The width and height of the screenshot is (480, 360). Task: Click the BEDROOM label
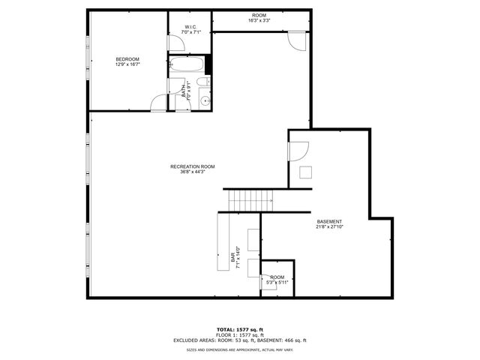point(127,59)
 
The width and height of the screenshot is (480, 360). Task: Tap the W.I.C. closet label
point(189,28)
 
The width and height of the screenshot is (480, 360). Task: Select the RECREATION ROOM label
point(192,166)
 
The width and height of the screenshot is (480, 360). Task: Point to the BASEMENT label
point(329,221)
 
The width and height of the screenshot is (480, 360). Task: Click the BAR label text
point(233,259)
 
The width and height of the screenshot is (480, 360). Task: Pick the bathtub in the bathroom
point(183,64)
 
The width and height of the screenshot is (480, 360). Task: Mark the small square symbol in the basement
point(305,172)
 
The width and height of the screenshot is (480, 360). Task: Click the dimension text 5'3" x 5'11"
point(277,283)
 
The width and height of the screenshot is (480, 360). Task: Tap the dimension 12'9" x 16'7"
point(127,64)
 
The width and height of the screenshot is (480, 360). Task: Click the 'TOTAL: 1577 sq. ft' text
point(240,329)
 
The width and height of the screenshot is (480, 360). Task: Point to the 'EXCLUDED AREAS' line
point(240,340)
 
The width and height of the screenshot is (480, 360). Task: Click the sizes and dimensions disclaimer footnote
point(240,349)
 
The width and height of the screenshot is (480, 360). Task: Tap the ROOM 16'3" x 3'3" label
point(259,18)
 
